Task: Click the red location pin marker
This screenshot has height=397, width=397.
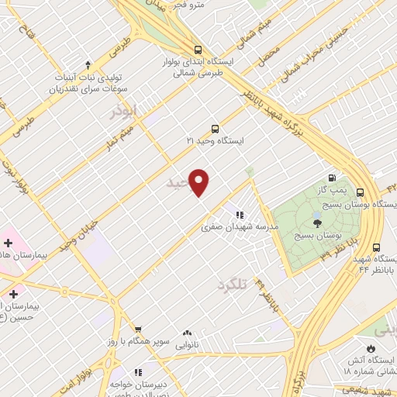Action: [199, 182]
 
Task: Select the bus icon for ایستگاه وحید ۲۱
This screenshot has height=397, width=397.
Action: [215, 129]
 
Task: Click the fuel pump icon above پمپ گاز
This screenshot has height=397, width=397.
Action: [333, 178]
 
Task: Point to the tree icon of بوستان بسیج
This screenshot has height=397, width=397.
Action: [316, 222]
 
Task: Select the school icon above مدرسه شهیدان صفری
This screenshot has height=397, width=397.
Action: [240, 214]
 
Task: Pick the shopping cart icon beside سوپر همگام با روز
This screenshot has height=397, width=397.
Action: [137, 329]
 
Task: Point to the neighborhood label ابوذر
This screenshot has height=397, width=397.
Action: [123, 112]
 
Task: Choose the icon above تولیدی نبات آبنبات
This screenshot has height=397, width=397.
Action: [88, 64]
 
